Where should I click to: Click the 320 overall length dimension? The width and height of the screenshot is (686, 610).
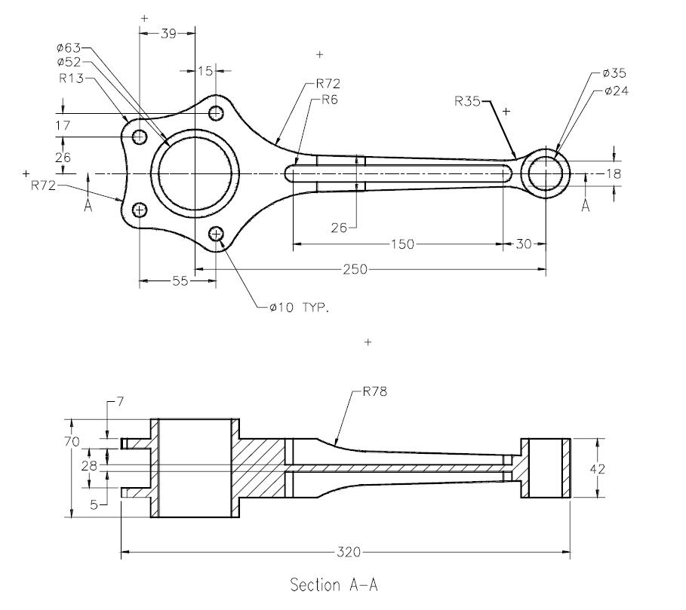349,553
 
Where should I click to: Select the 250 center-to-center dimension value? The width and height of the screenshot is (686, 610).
355,269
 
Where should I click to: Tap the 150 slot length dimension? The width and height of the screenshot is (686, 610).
402,244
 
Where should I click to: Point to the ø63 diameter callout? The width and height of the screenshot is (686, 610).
69,48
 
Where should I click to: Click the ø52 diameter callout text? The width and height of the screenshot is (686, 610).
69,62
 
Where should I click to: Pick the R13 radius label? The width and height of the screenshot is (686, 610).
71,78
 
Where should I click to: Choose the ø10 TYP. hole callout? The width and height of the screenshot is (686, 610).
299,308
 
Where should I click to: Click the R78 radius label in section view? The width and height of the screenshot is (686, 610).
375,391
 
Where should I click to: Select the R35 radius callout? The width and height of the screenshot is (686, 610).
467,101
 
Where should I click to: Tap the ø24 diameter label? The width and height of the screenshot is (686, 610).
616,91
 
